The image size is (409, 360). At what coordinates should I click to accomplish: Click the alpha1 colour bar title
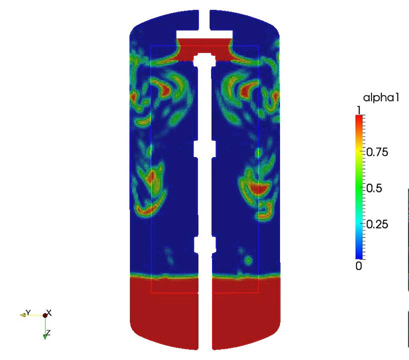[381, 98]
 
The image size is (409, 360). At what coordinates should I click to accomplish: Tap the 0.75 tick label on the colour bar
[377, 152]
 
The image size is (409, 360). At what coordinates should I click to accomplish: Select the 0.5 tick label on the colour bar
[374, 188]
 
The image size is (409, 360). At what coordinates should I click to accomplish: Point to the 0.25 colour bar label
[377, 224]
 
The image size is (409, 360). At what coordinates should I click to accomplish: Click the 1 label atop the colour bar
[359, 110]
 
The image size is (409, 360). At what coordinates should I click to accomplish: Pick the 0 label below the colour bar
[358, 266]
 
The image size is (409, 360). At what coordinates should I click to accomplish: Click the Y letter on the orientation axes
[28, 312]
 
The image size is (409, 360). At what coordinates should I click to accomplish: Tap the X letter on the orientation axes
[49, 312]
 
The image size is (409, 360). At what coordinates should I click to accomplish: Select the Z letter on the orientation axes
[47, 332]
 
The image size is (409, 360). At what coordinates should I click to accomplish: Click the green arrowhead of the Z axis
[45, 336]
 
